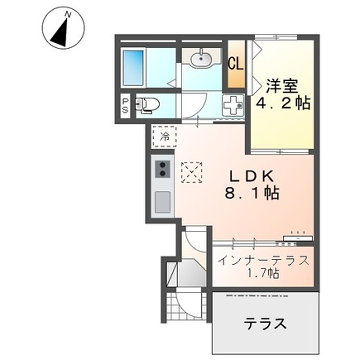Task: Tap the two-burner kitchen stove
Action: pyautogui.click(x=161, y=167)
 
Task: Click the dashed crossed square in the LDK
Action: pyautogui.click(x=192, y=173)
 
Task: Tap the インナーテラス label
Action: pyautogui.click(x=262, y=260)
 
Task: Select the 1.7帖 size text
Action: pyautogui.click(x=262, y=275)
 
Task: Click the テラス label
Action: pyautogui.click(x=266, y=324)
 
